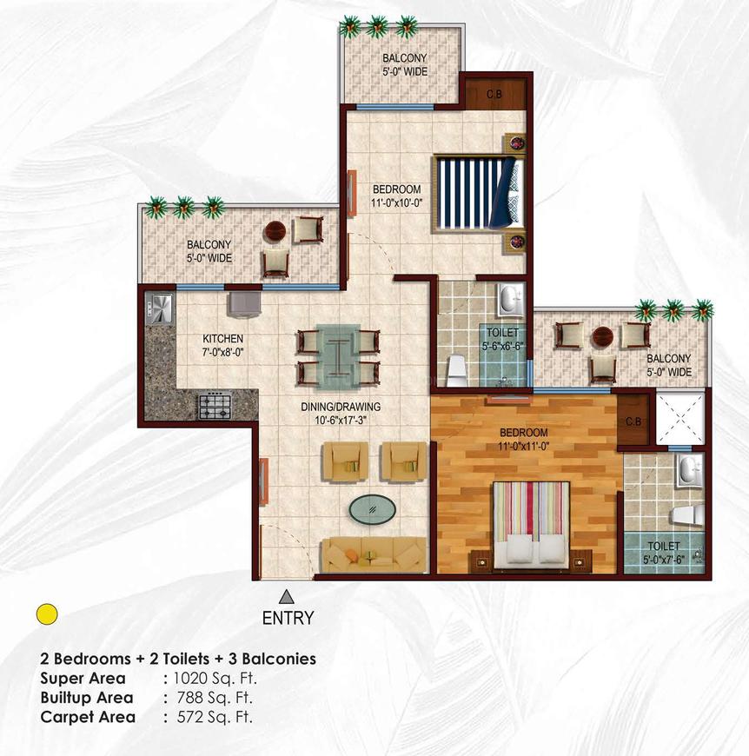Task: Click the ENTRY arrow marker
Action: click(285, 597)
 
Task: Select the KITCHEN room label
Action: click(223, 339)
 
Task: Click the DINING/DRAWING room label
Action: click(348, 406)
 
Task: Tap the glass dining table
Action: click(338, 355)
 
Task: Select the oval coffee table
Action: click(370, 507)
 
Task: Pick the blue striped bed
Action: click(479, 193)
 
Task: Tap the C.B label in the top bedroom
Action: click(494, 94)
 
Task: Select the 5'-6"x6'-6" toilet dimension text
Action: click(503, 345)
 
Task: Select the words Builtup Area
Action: click(87, 698)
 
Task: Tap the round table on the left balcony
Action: click(275, 231)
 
